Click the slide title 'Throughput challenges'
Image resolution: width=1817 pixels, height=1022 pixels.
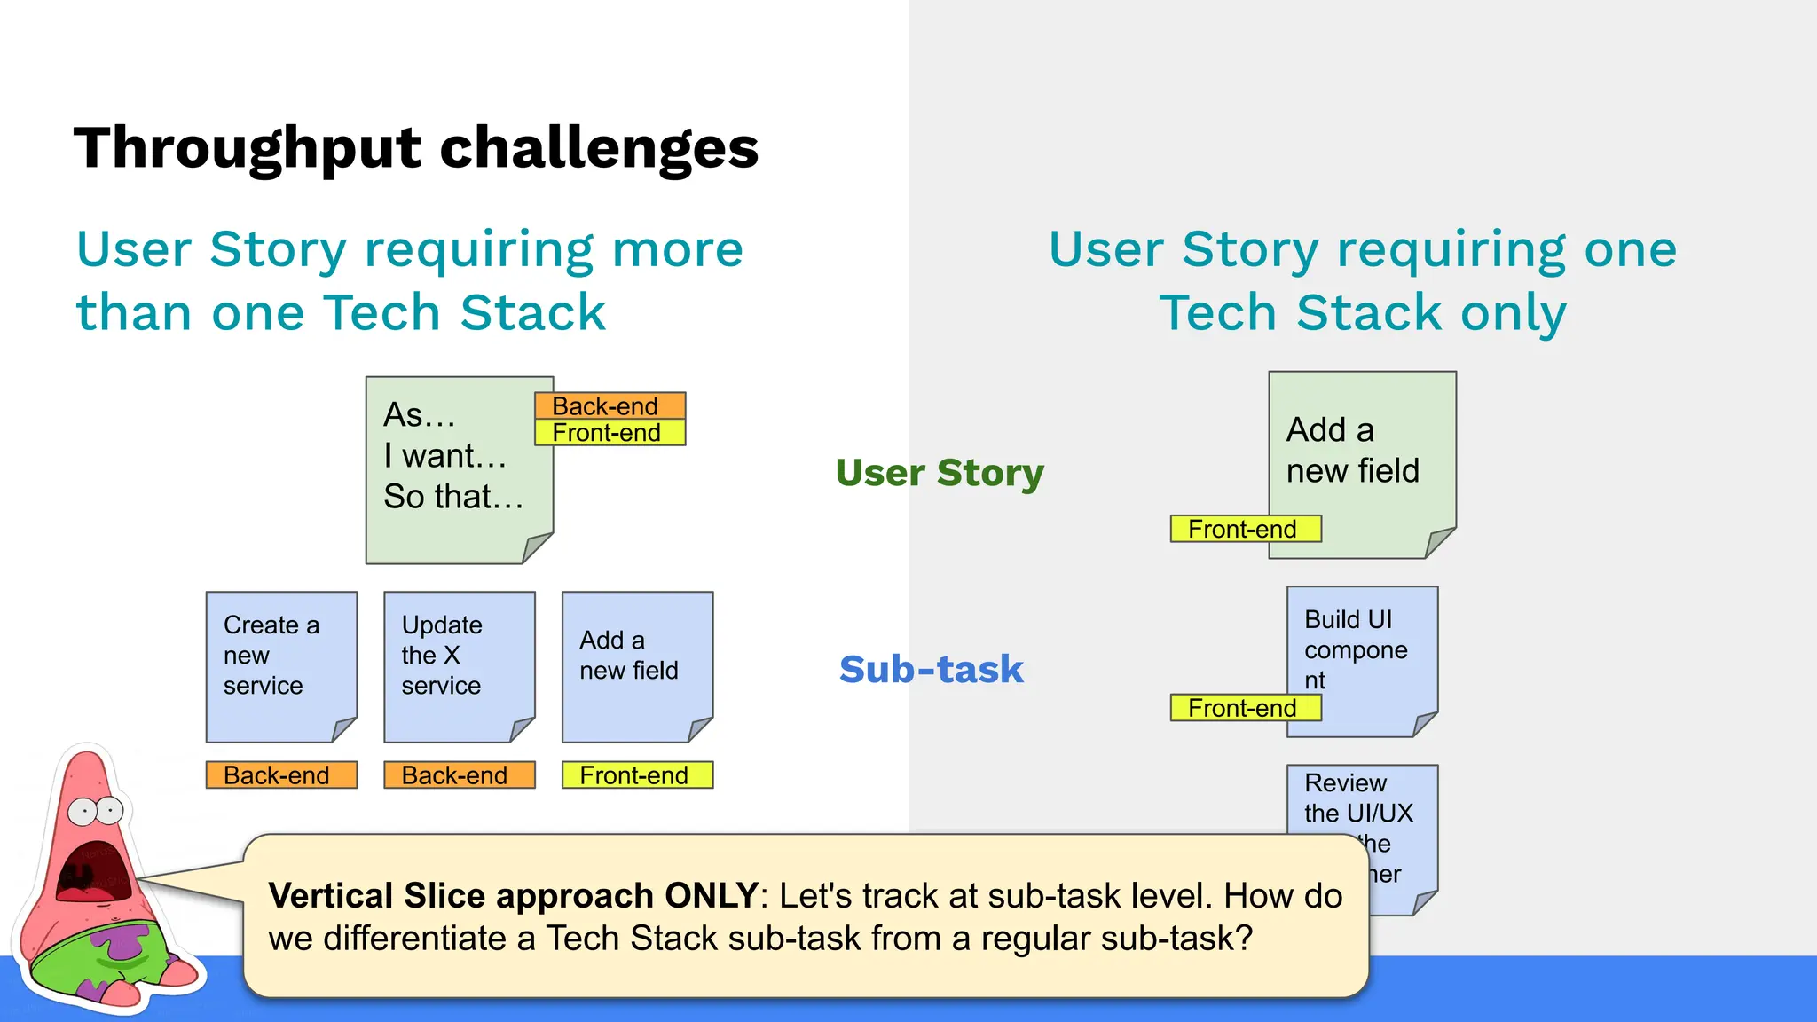[x=415, y=147]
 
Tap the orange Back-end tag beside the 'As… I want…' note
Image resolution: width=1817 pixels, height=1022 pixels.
[x=610, y=405]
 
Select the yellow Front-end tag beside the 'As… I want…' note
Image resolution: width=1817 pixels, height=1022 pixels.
[x=610, y=433]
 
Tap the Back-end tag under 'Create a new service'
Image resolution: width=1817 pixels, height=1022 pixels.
[x=281, y=774]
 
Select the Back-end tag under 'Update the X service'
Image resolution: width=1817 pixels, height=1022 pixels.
[x=459, y=774]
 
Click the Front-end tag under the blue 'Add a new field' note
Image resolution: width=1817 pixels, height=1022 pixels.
[x=637, y=775]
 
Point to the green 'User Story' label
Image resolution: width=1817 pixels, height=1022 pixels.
[x=940, y=472]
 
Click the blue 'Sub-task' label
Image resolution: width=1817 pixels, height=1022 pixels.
[x=931, y=669]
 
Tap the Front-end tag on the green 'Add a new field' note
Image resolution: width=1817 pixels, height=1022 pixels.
[x=1245, y=529]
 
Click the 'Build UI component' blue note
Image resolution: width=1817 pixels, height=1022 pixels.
[x=1362, y=648]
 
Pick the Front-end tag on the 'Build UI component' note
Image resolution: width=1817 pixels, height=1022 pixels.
[x=1245, y=708]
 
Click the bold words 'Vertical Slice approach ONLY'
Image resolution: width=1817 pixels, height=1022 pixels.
[x=513, y=896]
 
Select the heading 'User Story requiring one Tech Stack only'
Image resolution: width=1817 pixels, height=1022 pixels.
[x=1363, y=280]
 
